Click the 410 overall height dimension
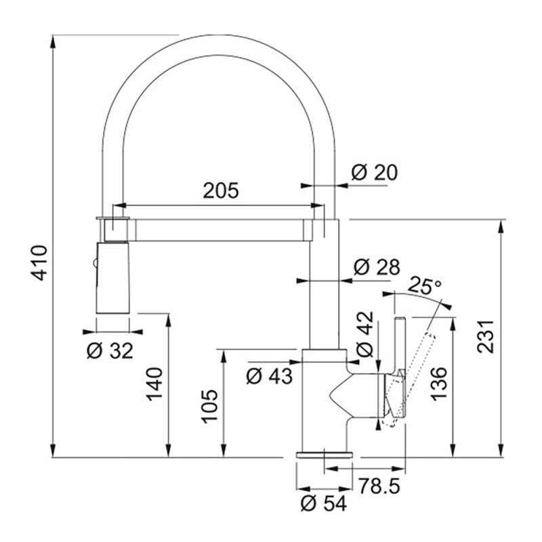tap(39, 263)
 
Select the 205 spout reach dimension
tap(221, 190)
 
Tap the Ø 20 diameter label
tap(375, 173)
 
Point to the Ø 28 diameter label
tap(377, 267)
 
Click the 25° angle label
tap(425, 285)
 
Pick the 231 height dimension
tap(486, 337)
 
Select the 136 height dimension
tap(439, 383)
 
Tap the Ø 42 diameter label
tap(365, 334)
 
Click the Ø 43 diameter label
tap(269, 376)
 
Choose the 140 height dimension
tap(154, 384)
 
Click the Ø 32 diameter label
tap(110, 351)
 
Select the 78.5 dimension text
tap(379, 486)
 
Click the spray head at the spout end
tap(112, 278)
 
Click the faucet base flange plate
tap(325, 454)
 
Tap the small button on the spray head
tap(94, 264)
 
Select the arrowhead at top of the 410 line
tap(53, 41)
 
